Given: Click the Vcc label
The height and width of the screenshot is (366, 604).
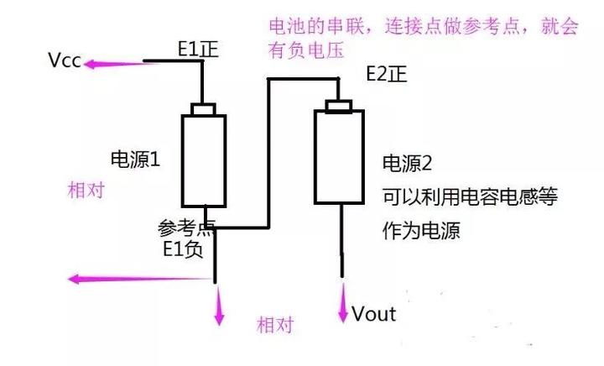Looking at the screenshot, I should (65, 61).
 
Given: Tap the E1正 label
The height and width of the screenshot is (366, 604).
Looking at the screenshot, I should (198, 50).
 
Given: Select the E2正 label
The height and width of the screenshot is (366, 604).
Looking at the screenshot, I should (386, 75).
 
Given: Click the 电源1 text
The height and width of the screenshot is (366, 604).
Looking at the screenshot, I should (135, 159).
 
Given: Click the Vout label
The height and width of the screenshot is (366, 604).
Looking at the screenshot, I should (373, 315).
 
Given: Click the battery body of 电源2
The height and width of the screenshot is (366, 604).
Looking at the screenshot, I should (340, 156).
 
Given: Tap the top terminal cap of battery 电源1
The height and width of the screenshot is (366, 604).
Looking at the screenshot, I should (204, 109).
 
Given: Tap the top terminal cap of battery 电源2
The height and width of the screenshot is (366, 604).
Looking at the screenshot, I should (340, 106).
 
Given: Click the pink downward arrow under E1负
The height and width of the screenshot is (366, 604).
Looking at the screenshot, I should (219, 306).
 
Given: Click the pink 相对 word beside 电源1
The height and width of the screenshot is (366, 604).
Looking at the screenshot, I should (86, 189).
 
